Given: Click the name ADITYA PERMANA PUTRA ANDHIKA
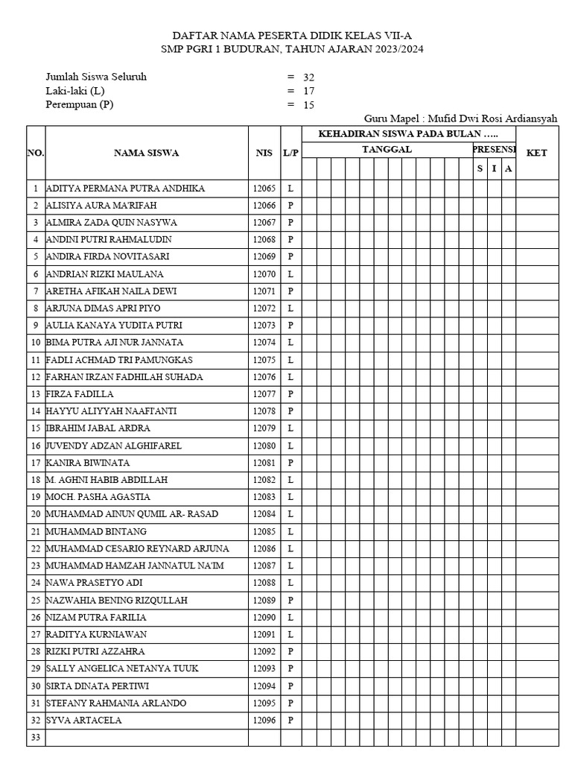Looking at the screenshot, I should point(125,189).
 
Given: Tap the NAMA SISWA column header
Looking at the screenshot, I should point(146,153).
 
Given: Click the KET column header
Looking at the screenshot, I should point(536,153).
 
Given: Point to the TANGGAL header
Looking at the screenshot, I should point(387,150).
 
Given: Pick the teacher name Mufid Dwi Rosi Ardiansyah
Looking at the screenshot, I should point(490,119).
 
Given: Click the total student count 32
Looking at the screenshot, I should point(309,77).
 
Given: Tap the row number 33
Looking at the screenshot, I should point(35,738).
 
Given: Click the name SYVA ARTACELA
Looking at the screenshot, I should point(84,721).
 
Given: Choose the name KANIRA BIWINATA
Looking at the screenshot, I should point(88,463).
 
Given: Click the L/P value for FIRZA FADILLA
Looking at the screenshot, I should point(290,394).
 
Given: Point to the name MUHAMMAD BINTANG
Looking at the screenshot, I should point(96,531).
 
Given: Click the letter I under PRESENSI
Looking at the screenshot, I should point(494,169).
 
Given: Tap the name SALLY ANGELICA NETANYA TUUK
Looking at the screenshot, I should point(122,668).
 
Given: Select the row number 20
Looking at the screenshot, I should point(35,514).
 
